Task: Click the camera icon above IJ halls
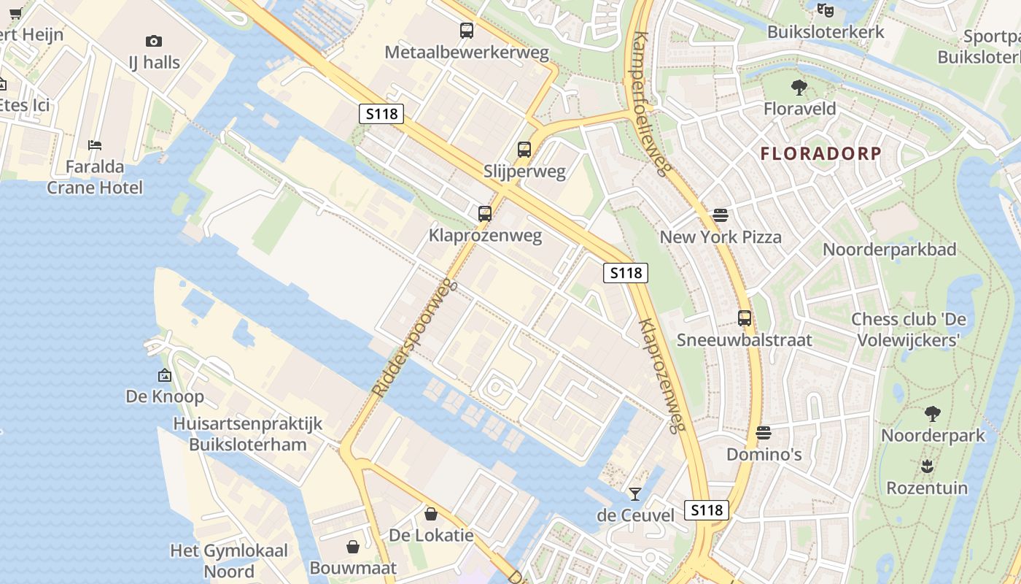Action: [x=154, y=41]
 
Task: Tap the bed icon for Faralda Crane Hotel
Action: [x=95, y=145]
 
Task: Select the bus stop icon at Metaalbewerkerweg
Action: [x=467, y=31]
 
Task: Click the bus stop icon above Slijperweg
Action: [x=524, y=150]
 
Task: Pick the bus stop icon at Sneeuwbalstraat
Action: [x=744, y=318]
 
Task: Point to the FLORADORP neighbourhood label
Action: [x=821, y=154]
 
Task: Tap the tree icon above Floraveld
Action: [x=799, y=88]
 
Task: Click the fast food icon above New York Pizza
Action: [x=721, y=215]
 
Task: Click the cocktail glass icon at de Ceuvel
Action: [x=635, y=494]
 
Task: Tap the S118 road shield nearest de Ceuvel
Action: [x=707, y=510]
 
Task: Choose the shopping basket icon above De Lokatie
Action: [x=431, y=514]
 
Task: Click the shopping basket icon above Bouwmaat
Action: [x=353, y=547]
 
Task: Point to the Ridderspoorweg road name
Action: [x=414, y=339]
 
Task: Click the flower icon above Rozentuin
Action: [x=927, y=466]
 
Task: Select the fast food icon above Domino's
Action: [x=764, y=433]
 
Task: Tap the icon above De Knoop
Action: [x=165, y=375]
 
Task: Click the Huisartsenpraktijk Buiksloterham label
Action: [x=247, y=434]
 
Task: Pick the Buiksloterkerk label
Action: [x=826, y=32]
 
